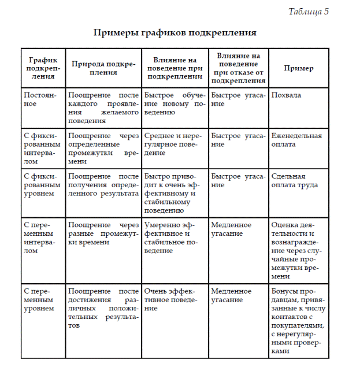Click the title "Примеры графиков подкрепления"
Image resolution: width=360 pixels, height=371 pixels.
click(175, 32)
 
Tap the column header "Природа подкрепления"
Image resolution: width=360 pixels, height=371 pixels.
click(103, 68)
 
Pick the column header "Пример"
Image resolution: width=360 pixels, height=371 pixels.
click(298, 68)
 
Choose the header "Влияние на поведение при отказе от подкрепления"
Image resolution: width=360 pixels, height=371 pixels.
click(238, 68)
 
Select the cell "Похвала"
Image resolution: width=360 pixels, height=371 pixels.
click(286, 94)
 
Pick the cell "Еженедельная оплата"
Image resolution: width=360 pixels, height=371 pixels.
click(296, 140)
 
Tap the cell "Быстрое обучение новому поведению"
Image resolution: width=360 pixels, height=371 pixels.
click(175, 99)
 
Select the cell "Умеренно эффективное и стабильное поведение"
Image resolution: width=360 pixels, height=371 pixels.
click(175, 238)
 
